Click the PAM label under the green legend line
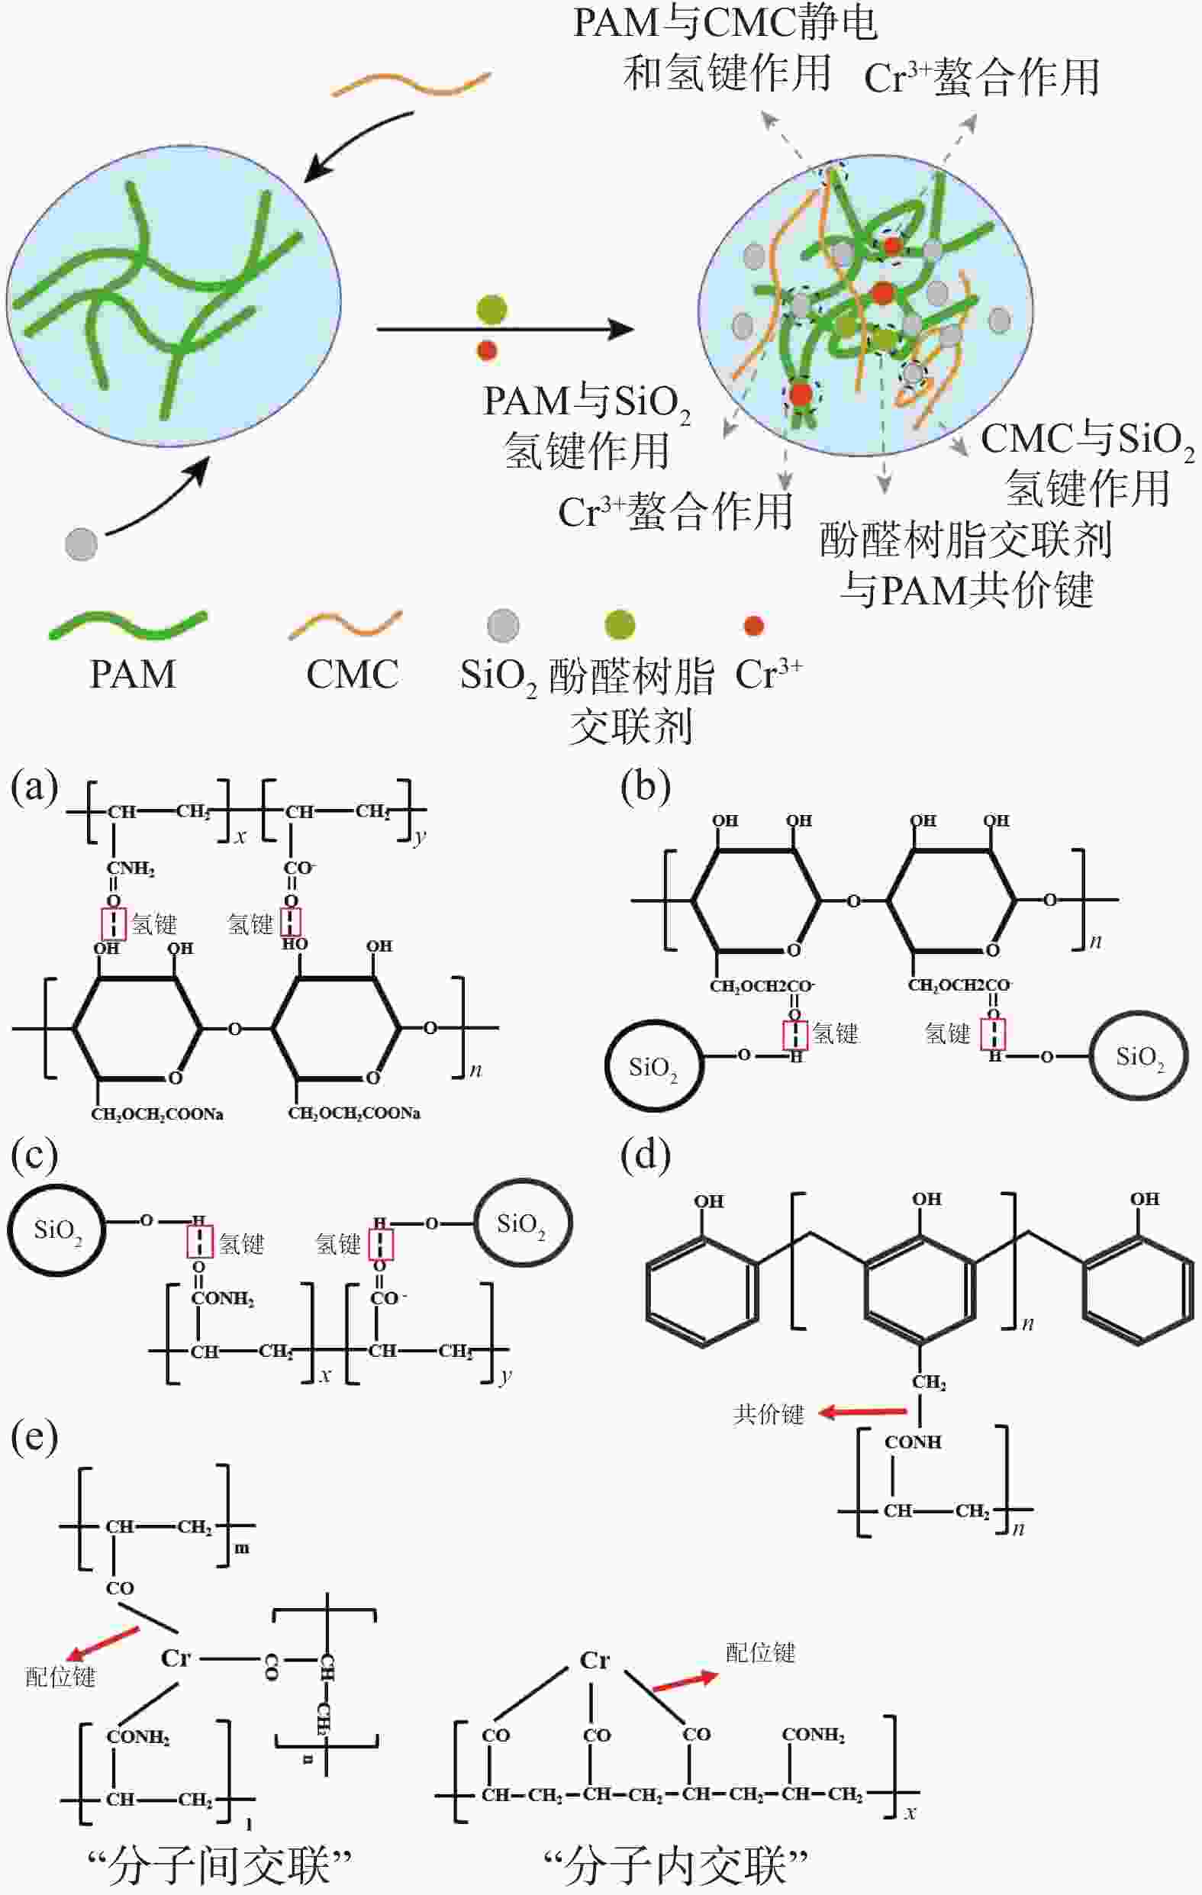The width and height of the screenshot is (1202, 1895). pos(132,675)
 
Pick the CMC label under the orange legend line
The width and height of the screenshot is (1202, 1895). pos(352,675)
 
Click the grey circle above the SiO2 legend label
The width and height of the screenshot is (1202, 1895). pos(503,625)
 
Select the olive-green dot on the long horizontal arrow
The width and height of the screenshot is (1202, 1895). pos(492,310)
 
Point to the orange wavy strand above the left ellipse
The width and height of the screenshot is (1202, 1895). pos(411,84)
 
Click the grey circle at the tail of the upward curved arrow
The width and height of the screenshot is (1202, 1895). pos(81,544)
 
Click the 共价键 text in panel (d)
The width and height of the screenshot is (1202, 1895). pos(769,1415)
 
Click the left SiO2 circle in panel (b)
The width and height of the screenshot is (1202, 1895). pos(653,1067)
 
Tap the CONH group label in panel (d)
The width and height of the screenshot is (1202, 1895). pos(912,1442)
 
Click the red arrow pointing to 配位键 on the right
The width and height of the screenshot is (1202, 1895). pos(685,1683)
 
